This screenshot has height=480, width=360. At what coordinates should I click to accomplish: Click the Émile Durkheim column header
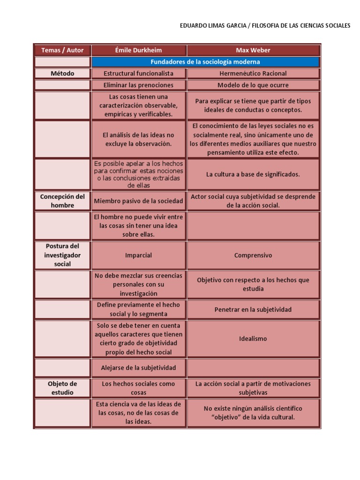pyautogui.click(x=139, y=50)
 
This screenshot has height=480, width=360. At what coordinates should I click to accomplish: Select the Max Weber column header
pyautogui.click(x=253, y=50)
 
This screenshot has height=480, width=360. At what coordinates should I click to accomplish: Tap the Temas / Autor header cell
pyautogui.click(x=62, y=50)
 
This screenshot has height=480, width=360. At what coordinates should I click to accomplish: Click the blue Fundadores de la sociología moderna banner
pyautogui.click(x=205, y=62)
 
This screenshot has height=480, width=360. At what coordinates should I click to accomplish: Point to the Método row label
pyautogui.click(x=62, y=74)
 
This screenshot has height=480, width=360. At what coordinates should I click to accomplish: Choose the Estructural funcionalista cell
pyautogui.click(x=139, y=74)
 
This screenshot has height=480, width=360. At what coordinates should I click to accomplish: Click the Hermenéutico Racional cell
pyautogui.click(x=253, y=74)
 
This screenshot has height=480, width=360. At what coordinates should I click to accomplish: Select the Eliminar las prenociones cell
pyautogui.click(x=139, y=85)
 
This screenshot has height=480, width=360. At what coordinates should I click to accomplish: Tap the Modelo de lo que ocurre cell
pyautogui.click(x=253, y=85)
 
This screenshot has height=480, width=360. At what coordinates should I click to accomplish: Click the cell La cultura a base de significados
pyautogui.click(x=253, y=174)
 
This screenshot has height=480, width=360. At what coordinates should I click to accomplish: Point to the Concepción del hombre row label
pyautogui.click(x=62, y=201)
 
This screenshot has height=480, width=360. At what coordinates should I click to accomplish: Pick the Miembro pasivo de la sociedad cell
pyautogui.click(x=139, y=201)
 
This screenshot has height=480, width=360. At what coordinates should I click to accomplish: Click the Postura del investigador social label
pyautogui.click(x=62, y=255)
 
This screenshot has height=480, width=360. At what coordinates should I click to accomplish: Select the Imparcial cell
pyautogui.click(x=139, y=255)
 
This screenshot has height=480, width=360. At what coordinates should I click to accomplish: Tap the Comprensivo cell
pyautogui.click(x=253, y=255)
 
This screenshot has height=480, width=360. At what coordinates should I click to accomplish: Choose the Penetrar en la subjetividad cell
pyautogui.click(x=253, y=309)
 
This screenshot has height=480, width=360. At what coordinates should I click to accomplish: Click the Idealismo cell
pyautogui.click(x=253, y=338)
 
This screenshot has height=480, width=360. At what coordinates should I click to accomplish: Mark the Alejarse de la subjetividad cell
pyautogui.click(x=139, y=368)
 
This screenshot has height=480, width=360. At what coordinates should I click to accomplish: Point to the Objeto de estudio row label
pyautogui.click(x=62, y=388)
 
